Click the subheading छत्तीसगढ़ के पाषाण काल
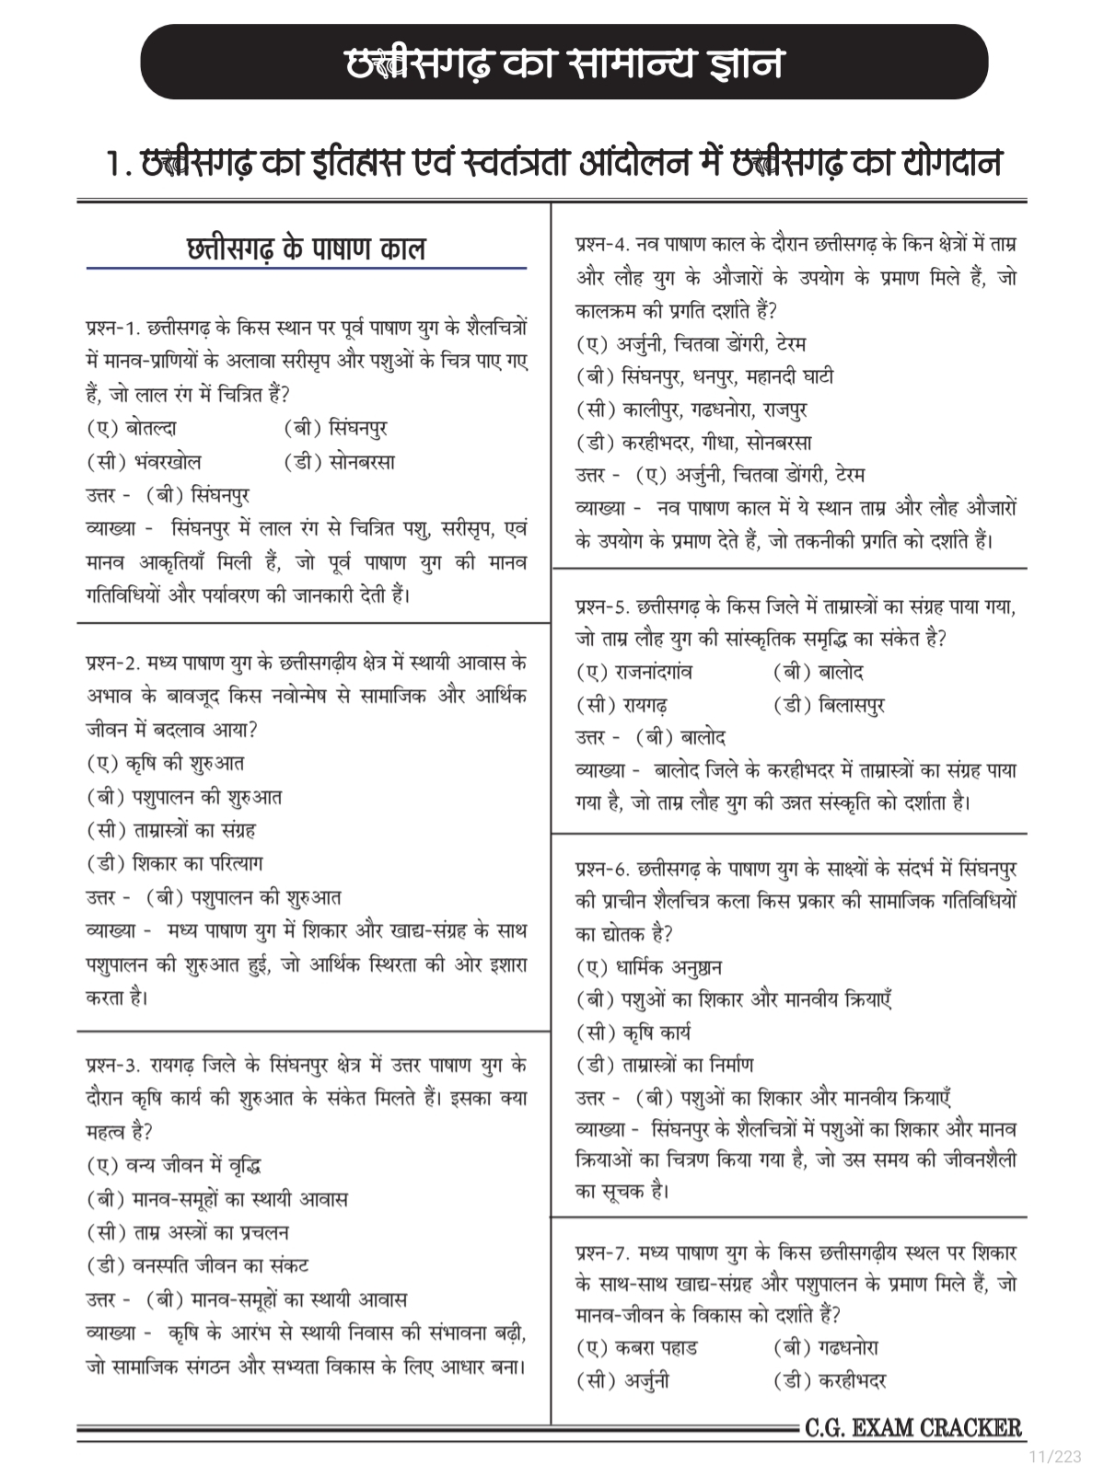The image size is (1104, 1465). [306, 248]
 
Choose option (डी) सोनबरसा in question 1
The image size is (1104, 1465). [340, 462]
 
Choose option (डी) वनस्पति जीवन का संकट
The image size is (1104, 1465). [198, 1266]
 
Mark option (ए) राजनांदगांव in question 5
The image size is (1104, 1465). [634, 673]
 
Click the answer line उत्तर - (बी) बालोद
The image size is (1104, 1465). [651, 738]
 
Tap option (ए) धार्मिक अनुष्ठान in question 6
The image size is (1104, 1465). [649, 968]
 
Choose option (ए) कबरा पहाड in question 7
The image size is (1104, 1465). [637, 1348]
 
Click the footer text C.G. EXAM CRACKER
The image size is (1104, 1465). [912, 1428]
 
